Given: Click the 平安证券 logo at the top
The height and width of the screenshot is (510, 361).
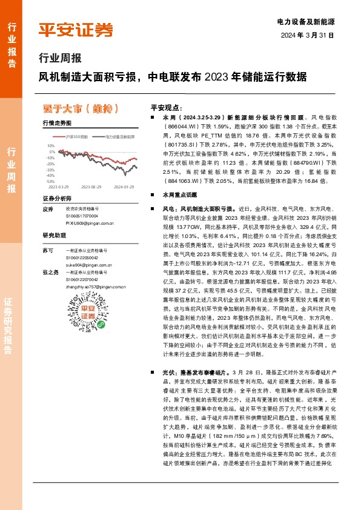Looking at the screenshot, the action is tap(76, 28).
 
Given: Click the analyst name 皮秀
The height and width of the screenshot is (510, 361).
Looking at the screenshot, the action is tap(48, 209).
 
